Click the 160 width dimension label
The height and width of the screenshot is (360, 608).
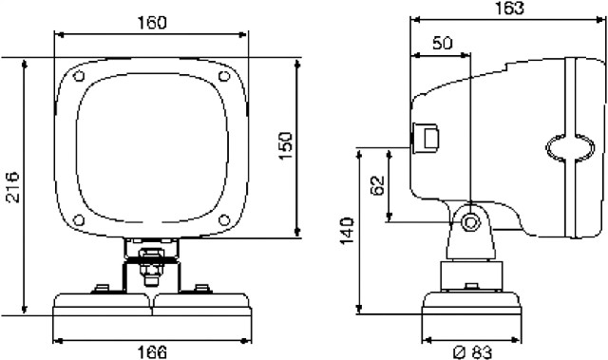[152, 23]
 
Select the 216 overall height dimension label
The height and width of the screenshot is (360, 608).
[12, 187]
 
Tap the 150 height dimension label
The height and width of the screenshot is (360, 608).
[286, 145]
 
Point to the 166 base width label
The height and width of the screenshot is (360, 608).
[152, 352]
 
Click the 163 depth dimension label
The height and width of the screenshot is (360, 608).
[509, 8]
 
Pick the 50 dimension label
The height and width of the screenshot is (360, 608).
[443, 43]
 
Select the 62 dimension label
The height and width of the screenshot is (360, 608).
[377, 185]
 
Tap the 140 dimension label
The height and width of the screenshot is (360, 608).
[347, 231]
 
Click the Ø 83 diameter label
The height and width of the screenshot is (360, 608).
[473, 352]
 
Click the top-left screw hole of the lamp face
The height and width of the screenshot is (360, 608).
[79, 76]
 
